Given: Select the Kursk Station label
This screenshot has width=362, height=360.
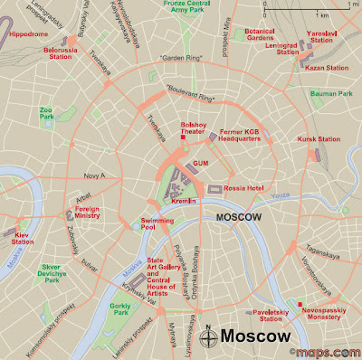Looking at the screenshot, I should (x=319, y=139).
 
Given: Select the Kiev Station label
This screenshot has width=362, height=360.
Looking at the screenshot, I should (x=24, y=238).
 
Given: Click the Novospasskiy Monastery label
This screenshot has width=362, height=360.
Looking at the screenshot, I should (x=329, y=311).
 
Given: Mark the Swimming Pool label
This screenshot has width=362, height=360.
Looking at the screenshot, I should (x=157, y=224).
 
